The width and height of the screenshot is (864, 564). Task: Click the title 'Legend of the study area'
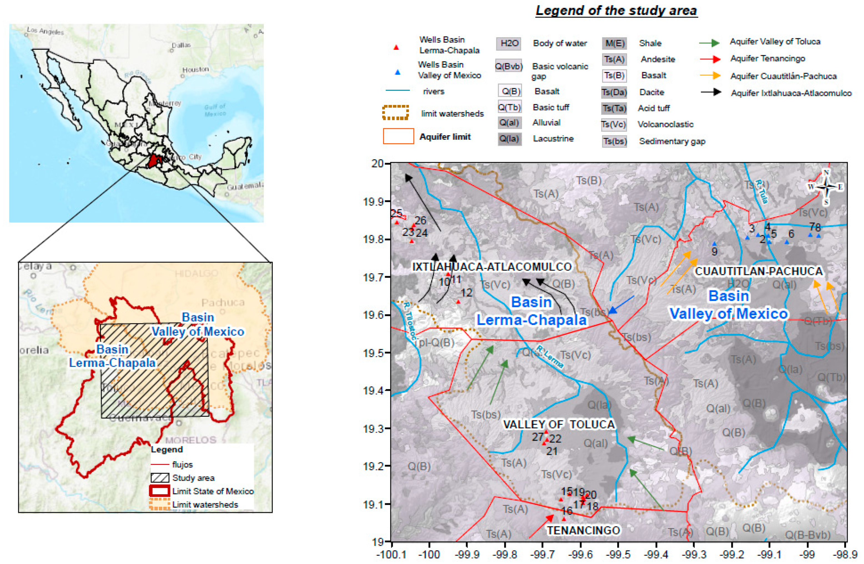(x=616, y=10)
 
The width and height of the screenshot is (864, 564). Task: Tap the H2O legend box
(x=509, y=43)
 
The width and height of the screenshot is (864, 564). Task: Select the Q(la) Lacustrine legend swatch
(x=509, y=138)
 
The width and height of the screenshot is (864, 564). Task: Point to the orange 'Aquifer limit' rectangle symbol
(x=398, y=136)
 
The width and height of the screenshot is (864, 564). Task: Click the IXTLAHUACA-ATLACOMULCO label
(x=492, y=266)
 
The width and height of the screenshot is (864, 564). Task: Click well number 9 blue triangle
(x=714, y=244)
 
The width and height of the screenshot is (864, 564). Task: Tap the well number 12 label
(x=467, y=293)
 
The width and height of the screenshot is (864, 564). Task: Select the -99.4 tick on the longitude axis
(x=656, y=555)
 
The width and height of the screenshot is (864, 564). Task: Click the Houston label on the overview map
(x=195, y=69)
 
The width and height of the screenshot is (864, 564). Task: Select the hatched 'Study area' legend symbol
(x=160, y=478)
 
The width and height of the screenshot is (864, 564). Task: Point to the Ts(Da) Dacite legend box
(x=614, y=92)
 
